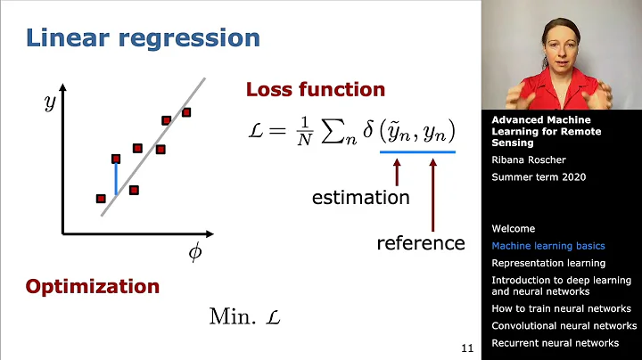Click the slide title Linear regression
(143, 38)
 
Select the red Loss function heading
(315, 90)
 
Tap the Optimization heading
(93, 287)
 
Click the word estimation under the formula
(360, 198)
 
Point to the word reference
(421, 242)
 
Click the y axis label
(50, 103)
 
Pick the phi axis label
(195, 252)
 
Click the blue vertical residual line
(115, 178)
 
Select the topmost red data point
(186, 112)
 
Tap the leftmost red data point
(101, 198)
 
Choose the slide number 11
(467, 348)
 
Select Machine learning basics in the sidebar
(547, 246)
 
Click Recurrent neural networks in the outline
(555, 342)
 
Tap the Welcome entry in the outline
(514, 229)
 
